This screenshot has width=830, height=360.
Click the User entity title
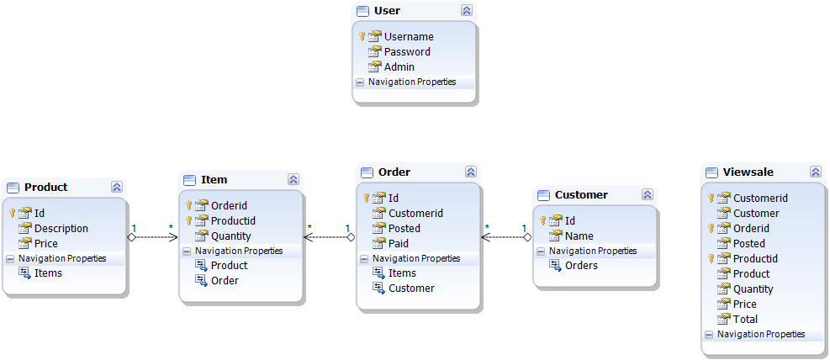[387, 11]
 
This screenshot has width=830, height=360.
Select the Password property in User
[407, 52]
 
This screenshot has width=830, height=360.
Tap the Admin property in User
[399, 67]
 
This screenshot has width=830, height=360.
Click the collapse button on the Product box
[117, 187]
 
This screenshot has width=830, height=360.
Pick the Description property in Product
[61, 229]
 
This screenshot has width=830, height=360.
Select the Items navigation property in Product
[48, 273]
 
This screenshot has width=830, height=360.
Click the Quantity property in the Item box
[231, 236]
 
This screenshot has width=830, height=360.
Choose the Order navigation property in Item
[225, 281]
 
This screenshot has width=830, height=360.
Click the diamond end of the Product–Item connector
[132, 238]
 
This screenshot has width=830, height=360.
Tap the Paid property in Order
[399, 244]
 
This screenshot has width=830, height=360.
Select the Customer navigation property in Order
[411, 289]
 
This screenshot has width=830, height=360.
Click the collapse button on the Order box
[471, 172]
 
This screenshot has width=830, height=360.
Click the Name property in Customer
[579, 236]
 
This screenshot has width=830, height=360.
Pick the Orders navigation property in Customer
[581, 266]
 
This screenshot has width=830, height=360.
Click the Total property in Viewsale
[745, 320]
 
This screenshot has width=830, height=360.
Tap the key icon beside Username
[362, 36]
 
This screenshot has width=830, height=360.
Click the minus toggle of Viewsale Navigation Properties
[709, 335]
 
